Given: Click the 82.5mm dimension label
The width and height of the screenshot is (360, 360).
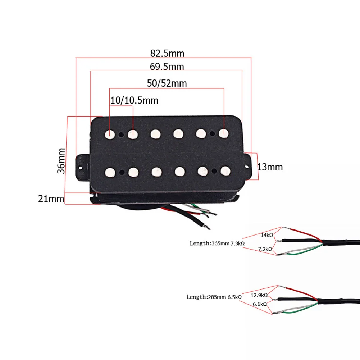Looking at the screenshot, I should pos(167,54).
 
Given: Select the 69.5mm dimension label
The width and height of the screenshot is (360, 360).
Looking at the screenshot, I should pos(167,67).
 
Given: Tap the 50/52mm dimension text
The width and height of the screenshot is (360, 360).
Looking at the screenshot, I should pos(167,83).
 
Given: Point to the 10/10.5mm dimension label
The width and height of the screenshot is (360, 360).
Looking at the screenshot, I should pos(134,100).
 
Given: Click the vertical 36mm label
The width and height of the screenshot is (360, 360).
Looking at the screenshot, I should pos(61,160).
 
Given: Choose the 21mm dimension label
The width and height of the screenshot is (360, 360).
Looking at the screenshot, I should pos(51,198).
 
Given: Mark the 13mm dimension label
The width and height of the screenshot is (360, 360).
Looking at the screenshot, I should pos(270,167).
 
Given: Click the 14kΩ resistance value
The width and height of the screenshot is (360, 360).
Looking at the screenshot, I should pos(266,235).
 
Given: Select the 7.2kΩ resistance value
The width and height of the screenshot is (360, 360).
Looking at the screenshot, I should pos(265,249).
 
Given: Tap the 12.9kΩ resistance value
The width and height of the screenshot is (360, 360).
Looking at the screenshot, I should pos(259,295).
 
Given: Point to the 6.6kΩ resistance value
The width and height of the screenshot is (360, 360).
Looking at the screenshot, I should pos(260,304).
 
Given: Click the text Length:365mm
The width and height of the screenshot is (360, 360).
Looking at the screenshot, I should pos(209,243).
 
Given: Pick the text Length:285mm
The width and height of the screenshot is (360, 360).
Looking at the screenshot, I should pos(206,297).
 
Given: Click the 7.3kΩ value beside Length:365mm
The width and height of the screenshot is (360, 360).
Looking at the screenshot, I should pos(238,243).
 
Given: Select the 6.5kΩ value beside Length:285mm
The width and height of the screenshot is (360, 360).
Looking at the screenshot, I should pos(234,297).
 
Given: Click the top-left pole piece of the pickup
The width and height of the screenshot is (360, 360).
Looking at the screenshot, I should pos(110,134).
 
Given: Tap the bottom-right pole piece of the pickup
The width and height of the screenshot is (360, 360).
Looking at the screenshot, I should pos(225,170).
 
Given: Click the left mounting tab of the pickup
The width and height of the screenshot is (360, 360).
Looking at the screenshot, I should pos(82,166).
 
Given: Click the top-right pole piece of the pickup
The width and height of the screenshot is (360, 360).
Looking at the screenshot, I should pos(224,133).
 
